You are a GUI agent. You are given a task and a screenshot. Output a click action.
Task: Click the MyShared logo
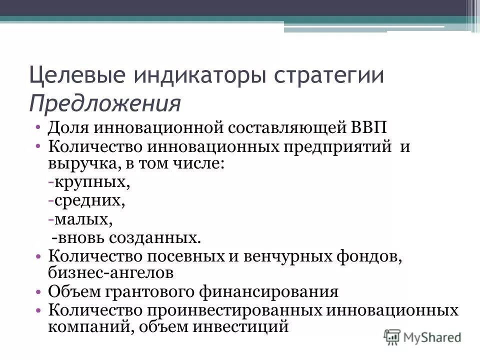423,336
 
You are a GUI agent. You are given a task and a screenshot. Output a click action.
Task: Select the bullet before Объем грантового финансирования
38,291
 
